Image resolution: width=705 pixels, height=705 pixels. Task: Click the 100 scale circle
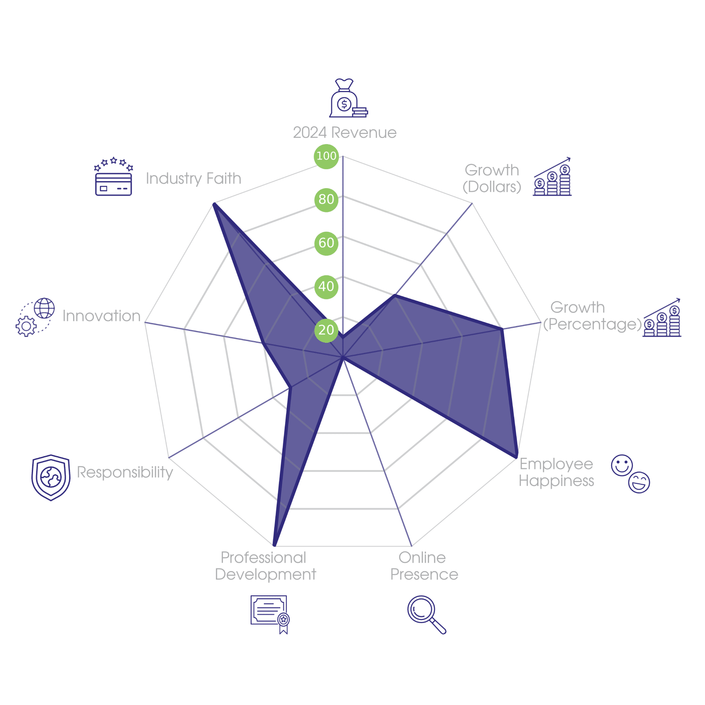point(326,156)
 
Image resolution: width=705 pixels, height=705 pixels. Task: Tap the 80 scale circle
point(326,199)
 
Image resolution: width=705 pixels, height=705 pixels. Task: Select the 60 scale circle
point(326,243)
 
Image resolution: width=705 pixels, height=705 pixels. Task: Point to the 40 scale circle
point(326,286)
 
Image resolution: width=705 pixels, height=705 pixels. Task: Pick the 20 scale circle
point(326,330)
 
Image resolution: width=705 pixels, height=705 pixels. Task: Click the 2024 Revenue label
point(345,133)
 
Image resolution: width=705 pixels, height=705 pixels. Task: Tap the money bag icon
point(348,99)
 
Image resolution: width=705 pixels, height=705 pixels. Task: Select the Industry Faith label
point(193,178)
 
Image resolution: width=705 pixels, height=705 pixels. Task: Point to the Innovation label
point(101,316)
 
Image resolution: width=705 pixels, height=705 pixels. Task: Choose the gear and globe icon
point(35,317)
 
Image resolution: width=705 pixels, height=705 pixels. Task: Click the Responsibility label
point(125,472)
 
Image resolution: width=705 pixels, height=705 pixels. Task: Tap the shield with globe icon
point(51,478)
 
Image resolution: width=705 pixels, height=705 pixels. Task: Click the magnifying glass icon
point(426,614)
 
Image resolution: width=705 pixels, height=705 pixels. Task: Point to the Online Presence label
point(424,566)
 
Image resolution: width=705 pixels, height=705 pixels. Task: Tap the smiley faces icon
point(631,473)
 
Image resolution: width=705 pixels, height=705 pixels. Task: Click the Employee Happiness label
point(556,472)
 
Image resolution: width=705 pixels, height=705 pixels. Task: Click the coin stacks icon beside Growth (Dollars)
point(552,177)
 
